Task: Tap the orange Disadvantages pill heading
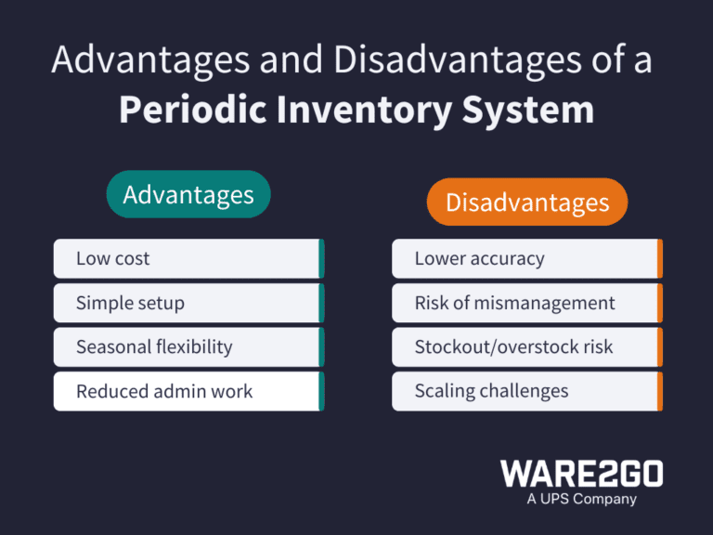(526, 202)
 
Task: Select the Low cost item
(187, 258)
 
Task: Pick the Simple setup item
(187, 303)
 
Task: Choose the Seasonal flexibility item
(187, 346)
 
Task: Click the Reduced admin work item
(187, 391)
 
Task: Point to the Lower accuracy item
(525, 258)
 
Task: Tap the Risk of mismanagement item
(525, 303)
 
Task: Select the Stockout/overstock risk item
(525, 346)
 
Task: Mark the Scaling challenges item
(525, 391)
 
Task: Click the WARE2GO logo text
(582, 474)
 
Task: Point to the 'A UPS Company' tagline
(582, 499)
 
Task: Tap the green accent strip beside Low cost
(321, 258)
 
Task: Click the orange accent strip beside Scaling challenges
(659, 391)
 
